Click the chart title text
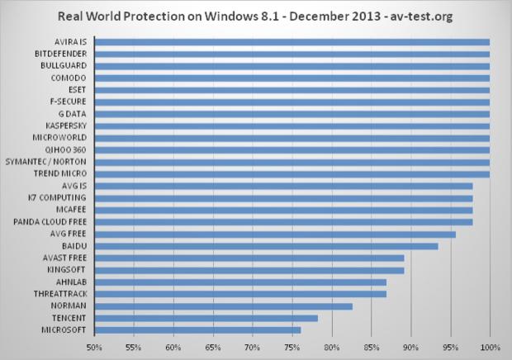coord(256,16)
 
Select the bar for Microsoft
coord(197,329)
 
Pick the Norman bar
coord(223,306)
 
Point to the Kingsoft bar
coord(249,270)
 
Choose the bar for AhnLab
coord(239,282)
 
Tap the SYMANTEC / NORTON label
coord(50,162)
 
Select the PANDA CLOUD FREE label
coord(52,222)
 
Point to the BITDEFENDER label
coord(64,54)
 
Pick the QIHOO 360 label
coord(69,149)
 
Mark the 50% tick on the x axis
coord(94,347)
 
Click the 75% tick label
coord(292,347)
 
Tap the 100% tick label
coord(490,347)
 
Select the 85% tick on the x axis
coord(372,347)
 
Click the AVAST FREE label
coord(66,258)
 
